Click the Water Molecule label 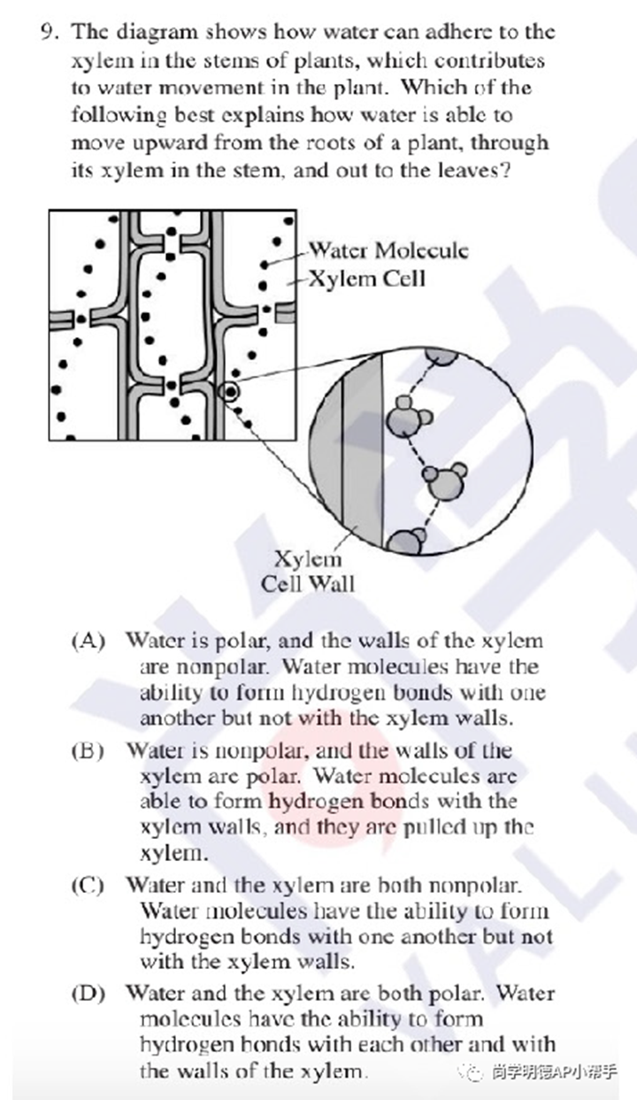click(388, 251)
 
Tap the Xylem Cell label click(366, 279)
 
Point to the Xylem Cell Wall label click(308, 572)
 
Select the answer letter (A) click(88, 641)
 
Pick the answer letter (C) click(88, 885)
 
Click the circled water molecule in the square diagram click(230, 392)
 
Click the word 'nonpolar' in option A click(222, 667)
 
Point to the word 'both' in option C click(398, 885)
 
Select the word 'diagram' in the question click(158, 34)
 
